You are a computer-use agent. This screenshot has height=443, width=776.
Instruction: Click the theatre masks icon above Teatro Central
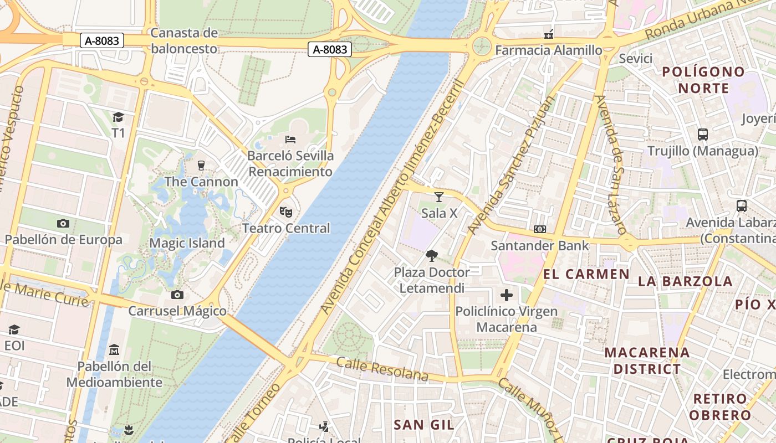(286, 212)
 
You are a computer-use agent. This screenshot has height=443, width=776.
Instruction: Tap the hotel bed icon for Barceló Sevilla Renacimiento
(290, 139)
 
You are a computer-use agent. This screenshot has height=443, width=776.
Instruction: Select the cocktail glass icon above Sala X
(439, 197)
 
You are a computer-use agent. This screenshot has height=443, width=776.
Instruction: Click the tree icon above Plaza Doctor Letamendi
(432, 255)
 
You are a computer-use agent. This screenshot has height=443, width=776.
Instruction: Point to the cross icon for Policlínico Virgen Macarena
(506, 295)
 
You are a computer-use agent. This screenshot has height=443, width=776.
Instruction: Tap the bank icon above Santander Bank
(539, 229)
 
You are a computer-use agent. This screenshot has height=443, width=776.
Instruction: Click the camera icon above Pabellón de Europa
(63, 223)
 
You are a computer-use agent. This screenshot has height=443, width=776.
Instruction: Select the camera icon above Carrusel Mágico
(177, 295)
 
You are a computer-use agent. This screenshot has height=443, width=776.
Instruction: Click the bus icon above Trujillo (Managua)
(703, 134)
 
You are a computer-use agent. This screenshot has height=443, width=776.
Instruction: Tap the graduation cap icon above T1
(118, 117)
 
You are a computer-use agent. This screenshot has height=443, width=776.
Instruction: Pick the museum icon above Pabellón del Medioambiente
(114, 350)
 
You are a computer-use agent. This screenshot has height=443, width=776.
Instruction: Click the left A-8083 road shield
(101, 40)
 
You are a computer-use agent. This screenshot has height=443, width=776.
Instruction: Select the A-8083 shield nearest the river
(330, 49)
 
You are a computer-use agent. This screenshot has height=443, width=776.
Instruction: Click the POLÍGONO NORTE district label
(703, 80)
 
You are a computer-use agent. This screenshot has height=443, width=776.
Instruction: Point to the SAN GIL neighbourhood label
(423, 425)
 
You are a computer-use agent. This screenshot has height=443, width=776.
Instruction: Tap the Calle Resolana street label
(382, 369)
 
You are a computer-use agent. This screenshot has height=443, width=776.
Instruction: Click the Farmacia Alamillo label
(548, 50)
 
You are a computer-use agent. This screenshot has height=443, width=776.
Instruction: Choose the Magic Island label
(187, 243)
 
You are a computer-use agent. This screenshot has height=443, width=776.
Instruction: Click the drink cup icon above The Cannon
(201, 165)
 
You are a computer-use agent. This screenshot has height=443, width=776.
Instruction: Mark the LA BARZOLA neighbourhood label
(685, 281)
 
